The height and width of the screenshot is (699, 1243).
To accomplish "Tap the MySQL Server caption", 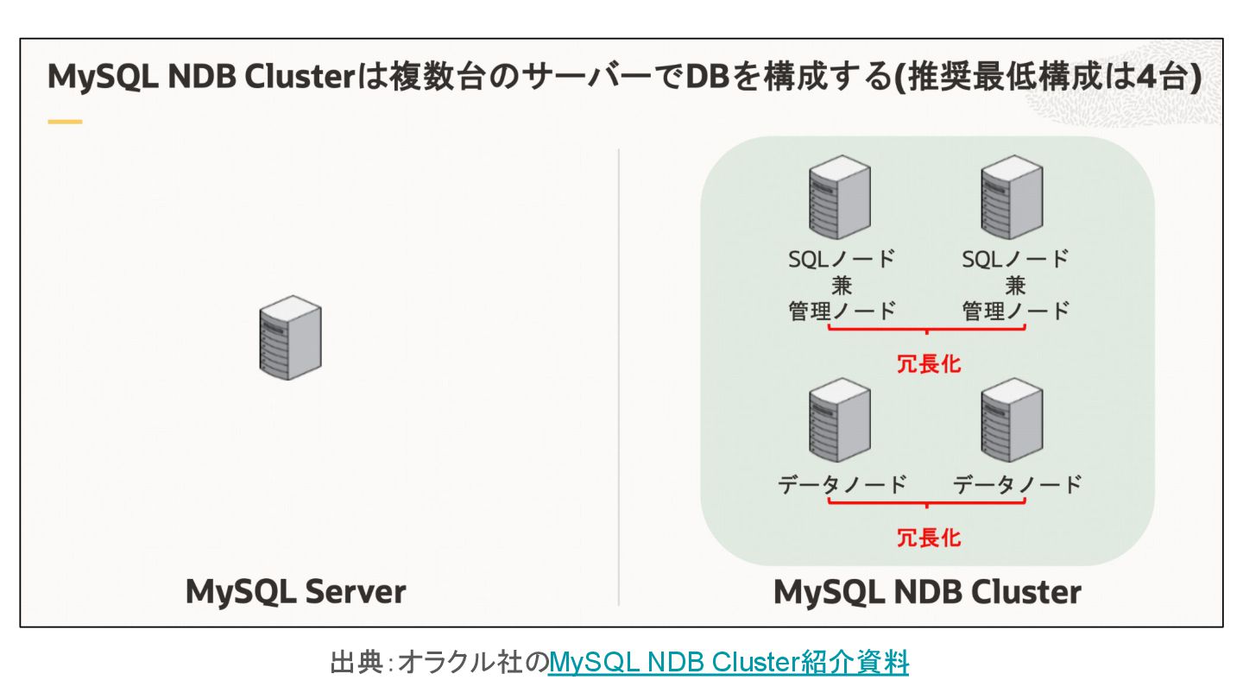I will click(x=295, y=592).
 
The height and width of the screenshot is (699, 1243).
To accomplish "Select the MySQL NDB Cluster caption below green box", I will click(x=927, y=592).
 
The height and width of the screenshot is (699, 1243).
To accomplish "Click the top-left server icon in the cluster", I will click(x=839, y=204).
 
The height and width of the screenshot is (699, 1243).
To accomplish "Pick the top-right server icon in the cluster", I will click(x=1012, y=204).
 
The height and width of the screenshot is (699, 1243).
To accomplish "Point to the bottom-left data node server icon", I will click(x=839, y=425).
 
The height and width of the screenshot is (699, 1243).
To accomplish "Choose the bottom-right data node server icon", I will click(x=1012, y=425).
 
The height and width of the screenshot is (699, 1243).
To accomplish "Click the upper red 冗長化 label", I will click(x=928, y=363).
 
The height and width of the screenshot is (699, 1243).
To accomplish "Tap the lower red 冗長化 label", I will click(x=928, y=538).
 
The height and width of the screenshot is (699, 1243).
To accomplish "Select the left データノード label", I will click(x=842, y=484).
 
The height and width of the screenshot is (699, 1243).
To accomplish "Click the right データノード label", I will click(x=1017, y=484).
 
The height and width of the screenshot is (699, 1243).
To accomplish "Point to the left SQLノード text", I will click(x=842, y=259).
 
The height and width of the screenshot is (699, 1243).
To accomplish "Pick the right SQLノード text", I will click(x=1015, y=259).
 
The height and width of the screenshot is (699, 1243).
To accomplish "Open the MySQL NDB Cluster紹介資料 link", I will click(x=728, y=663).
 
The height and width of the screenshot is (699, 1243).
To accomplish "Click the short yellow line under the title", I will click(x=65, y=122).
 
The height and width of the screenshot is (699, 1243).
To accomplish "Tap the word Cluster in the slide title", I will click(x=300, y=77).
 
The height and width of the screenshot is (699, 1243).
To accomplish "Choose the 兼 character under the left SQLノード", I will click(x=842, y=286).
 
